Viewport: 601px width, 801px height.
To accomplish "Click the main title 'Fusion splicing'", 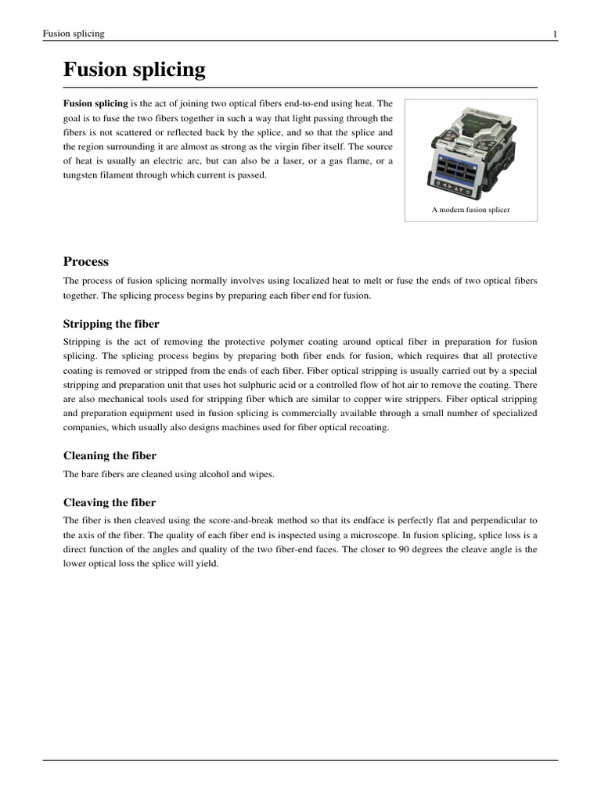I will pyautogui.click(x=134, y=70).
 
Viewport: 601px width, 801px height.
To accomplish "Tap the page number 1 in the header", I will pyautogui.click(x=555, y=34).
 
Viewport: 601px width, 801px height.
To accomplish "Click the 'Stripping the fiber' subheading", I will pyautogui.click(x=110, y=324).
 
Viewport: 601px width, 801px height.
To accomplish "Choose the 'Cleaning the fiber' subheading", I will pyautogui.click(x=110, y=455).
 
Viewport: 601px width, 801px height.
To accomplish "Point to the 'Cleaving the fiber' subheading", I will pyautogui.click(x=109, y=502).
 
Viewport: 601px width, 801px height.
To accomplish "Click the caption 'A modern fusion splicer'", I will pyautogui.click(x=470, y=210).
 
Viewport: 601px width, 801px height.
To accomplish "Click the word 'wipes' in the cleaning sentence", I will pyautogui.click(x=260, y=474).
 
